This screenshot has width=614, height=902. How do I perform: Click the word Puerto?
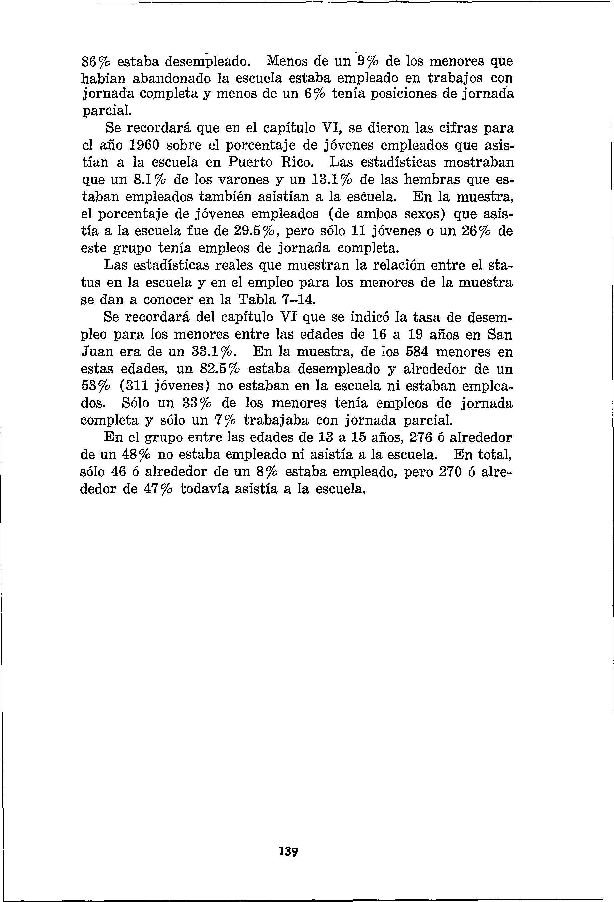click(250, 162)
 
